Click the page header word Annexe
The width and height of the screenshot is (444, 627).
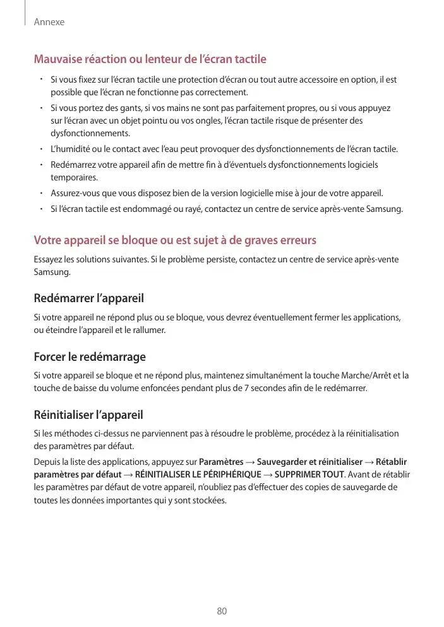click(x=49, y=22)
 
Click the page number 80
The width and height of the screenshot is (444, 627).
click(x=222, y=611)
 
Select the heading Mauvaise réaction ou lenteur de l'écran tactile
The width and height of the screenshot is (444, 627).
click(x=150, y=59)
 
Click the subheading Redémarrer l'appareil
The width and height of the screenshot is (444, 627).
click(x=88, y=298)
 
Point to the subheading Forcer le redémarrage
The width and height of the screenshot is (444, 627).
click(x=89, y=357)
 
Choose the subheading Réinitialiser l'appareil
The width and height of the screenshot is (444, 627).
click(x=88, y=415)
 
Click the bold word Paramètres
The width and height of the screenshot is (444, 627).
click(x=221, y=461)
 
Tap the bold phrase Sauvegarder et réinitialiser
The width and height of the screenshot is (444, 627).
click(x=309, y=461)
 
